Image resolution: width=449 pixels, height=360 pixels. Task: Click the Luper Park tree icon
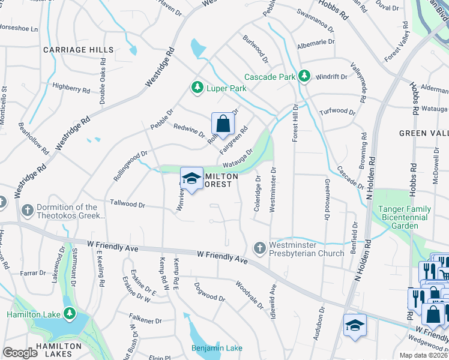coord(197,88)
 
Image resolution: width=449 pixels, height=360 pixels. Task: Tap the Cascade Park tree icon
coord(305,76)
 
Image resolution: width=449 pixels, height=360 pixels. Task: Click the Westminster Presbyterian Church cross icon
coord(259,247)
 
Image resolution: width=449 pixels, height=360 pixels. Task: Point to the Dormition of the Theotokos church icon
coord(27,211)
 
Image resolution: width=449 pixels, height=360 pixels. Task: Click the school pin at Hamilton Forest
coord(191,178)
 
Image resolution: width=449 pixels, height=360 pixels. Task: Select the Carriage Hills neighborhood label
coord(78,49)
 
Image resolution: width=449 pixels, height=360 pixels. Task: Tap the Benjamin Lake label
coord(217,348)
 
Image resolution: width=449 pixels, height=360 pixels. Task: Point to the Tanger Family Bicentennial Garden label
coord(405,217)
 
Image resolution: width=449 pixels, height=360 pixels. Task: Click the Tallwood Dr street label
coord(127,205)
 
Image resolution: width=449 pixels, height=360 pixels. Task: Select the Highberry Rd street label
coord(71,88)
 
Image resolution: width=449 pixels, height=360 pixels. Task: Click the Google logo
coord(20,353)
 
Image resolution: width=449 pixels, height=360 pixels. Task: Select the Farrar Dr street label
coord(29,272)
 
